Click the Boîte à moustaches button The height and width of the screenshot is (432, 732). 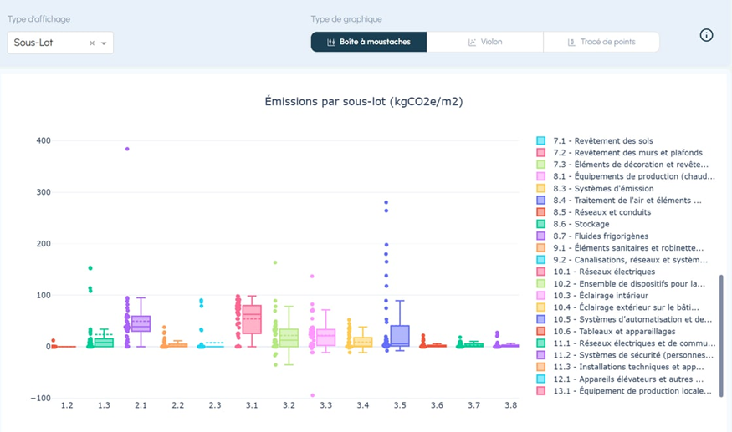pos(369,42)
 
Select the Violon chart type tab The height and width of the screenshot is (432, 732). pos(485,42)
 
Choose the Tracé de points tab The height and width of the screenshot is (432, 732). pos(601,42)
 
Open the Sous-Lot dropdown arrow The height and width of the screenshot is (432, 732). pos(104,43)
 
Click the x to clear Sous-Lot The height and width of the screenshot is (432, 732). pos(92,43)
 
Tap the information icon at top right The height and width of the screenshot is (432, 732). pos(706,35)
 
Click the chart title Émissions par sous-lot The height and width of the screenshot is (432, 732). pos(363,102)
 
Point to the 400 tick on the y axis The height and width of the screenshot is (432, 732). pos(42,140)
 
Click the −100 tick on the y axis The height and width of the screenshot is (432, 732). pos(39,398)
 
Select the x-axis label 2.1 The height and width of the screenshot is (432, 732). pos(141,405)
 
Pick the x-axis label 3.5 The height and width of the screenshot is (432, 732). pos(400,405)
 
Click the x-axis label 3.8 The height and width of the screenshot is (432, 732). pos(511,405)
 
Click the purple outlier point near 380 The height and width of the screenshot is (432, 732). pos(127,149)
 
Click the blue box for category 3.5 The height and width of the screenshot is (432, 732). pos(400,334)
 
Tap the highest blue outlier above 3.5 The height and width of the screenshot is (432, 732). pos(386,202)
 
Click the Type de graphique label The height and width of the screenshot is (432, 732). pos(346,18)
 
